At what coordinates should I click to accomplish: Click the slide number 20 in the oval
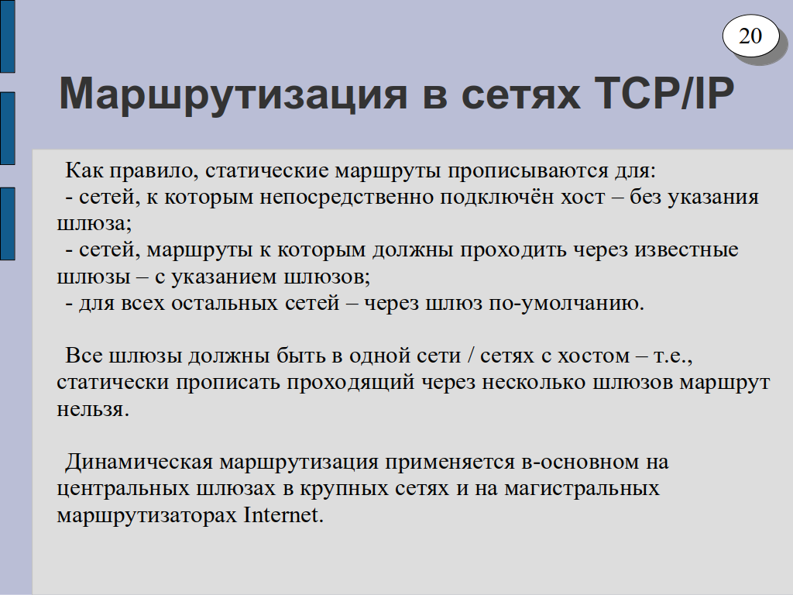[750, 36]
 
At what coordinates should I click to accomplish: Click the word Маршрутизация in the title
[233, 95]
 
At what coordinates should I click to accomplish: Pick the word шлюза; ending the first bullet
[94, 224]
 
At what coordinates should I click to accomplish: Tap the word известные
[686, 250]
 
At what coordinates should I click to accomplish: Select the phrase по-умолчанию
[566, 303]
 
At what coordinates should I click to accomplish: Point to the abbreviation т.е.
[673, 356]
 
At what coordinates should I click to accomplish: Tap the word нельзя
[93, 409]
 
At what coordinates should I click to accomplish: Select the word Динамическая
[139, 462]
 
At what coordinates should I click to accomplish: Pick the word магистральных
[582, 489]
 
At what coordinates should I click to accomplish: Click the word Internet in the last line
[283, 515]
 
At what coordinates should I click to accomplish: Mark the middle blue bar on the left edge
[8, 129]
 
